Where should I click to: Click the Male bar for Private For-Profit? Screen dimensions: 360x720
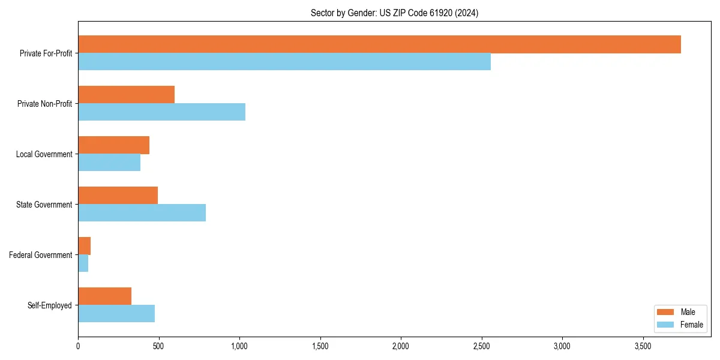379,44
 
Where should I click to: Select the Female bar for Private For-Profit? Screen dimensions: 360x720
284,62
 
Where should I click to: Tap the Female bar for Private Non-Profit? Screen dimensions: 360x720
161,112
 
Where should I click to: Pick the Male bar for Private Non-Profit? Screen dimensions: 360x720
126,95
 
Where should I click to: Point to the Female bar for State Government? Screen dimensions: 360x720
142,213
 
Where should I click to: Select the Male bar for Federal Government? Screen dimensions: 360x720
84,246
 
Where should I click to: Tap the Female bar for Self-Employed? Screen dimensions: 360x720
116,314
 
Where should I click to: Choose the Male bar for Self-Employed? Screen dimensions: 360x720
104,296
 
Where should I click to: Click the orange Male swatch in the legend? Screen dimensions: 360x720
666,312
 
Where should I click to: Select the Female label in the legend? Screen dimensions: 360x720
691,325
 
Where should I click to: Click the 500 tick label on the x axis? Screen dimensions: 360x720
158,346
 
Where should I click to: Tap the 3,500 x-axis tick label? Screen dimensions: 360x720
643,346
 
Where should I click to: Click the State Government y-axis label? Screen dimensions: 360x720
44,205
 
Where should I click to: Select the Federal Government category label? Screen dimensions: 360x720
40,255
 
